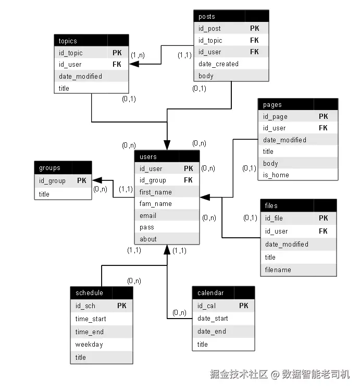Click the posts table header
[x=231, y=16]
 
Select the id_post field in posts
[x=209, y=29]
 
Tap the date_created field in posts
[x=218, y=64]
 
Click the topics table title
[x=68, y=41]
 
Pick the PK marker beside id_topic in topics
[x=117, y=53]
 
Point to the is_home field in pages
[x=276, y=175]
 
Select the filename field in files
[x=278, y=270]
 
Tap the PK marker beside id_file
[x=323, y=218]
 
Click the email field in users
[x=148, y=216]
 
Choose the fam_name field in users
[x=156, y=204]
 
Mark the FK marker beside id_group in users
[x=188, y=180]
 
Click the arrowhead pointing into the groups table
[x=97, y=180]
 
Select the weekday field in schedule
[x=89, y=345]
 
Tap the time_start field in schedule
[x=91, y=319]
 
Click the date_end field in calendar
[x=212, y=331]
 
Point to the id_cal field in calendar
[x=206, y=306]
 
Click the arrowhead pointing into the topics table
[x=134, y=64]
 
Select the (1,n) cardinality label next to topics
[x=138, y=55]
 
